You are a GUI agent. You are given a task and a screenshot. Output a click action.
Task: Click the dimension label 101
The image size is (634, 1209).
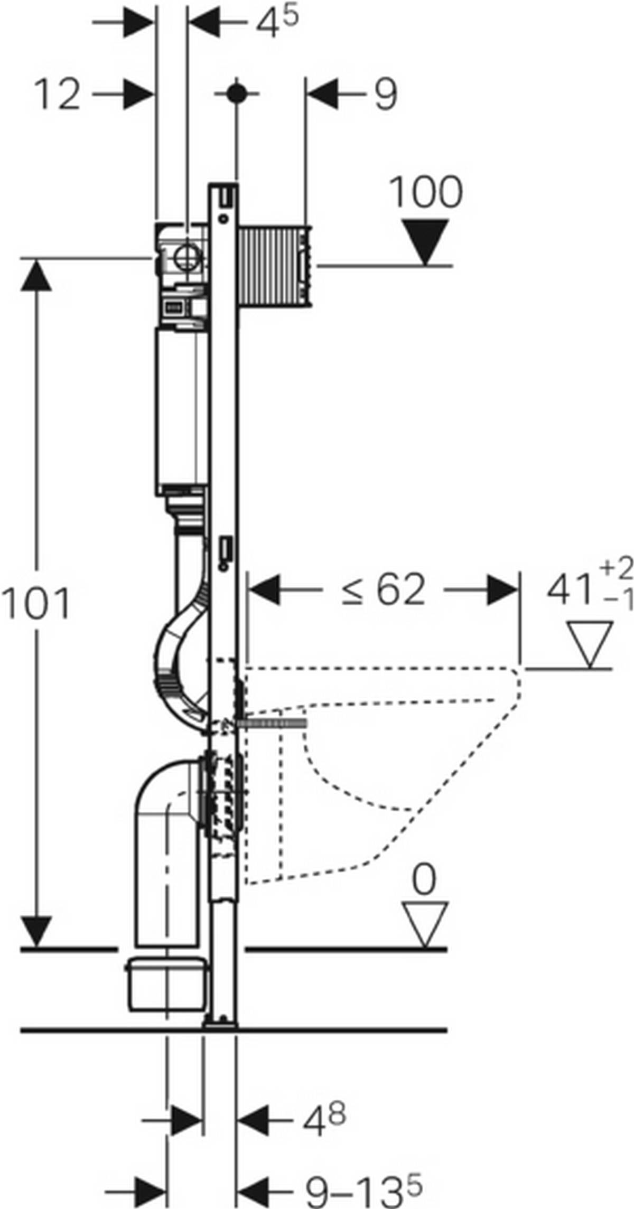tap(36, 604)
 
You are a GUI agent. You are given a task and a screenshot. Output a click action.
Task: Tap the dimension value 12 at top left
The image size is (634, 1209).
tap(58, 96)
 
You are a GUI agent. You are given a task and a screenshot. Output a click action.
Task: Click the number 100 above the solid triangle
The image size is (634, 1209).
tap(426, 192)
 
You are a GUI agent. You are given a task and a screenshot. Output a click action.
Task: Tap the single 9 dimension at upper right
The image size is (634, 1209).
tap(386, 96)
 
